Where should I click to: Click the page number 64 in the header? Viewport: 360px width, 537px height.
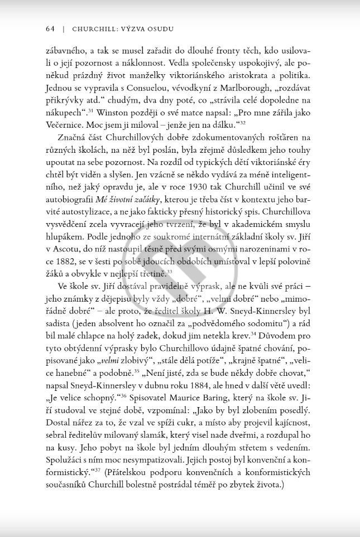tap(49, 28)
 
